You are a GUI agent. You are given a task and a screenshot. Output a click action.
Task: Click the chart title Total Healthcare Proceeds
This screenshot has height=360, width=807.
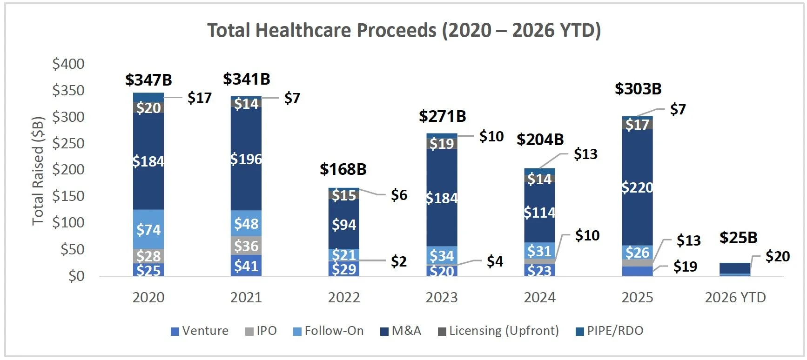pos(404,31)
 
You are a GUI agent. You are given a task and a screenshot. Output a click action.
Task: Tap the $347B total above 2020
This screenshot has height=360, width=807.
pos(148,80)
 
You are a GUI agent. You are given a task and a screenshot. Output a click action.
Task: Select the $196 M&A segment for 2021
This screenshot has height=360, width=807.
pos(246,159)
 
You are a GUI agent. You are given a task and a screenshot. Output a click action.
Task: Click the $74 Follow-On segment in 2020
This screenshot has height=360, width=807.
pos(148,229)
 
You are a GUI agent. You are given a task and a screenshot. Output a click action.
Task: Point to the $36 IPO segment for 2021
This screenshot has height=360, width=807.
pos(246,245)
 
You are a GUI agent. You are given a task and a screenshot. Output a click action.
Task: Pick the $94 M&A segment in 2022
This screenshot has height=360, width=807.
pos(344,225)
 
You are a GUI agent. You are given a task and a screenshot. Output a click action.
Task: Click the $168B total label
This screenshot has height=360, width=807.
pos(343,169)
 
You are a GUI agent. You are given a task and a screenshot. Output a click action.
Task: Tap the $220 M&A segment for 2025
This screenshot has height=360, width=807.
pos(637,187)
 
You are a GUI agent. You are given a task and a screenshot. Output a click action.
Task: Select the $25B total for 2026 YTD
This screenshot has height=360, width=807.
pos(738,238)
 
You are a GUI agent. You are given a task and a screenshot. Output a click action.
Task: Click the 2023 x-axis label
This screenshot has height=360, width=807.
pos(442,298)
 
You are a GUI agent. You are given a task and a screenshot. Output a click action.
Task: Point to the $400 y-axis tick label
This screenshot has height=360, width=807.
pos(68,64)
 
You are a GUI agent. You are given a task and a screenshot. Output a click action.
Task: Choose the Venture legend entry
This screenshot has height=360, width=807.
pos(200,331)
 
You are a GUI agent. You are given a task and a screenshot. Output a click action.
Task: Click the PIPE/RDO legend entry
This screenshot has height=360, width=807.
pos(610,331)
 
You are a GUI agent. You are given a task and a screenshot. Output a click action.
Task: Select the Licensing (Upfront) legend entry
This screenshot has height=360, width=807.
pos(498,331)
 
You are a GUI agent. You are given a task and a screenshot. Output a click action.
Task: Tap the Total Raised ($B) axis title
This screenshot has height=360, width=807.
pos(38,171)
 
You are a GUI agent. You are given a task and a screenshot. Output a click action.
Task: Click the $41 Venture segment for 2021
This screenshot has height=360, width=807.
pos(246,266)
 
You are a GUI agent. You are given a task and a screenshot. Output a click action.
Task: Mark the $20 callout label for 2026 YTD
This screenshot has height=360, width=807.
pos(777,256)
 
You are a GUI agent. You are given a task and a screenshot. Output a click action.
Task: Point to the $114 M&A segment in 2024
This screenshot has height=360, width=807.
pos(539,213)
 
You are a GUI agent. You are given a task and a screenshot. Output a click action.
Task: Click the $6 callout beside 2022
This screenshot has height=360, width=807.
pos(399,195)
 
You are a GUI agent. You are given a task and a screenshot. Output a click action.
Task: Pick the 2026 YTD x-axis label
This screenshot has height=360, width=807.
pos(735,298)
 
